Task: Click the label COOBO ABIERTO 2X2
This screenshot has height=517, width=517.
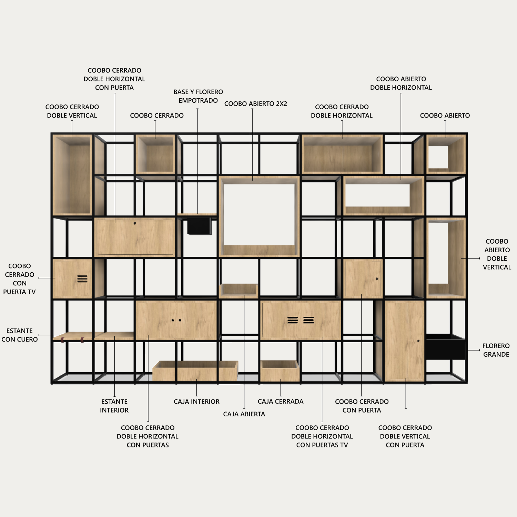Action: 255,104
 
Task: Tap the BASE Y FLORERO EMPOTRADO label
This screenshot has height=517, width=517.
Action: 198,96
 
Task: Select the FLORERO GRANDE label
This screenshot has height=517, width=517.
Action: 496,350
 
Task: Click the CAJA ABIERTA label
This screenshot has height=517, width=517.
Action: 244,414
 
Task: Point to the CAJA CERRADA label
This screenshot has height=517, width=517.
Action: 281,401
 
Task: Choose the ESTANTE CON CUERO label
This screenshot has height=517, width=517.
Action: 20,335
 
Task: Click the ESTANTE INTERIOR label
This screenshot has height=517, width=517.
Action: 114,406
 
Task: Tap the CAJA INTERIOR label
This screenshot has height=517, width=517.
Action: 196,402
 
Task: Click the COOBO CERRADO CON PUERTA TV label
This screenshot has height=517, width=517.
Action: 19,279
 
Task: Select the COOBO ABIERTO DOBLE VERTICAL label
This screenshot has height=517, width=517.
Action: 497,254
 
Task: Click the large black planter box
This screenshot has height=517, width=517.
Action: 445,347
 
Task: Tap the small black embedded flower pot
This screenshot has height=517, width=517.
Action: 199,226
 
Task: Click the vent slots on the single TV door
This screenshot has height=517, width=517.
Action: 82,278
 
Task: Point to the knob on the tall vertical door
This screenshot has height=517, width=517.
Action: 418,341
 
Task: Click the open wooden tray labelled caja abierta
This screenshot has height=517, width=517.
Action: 239,291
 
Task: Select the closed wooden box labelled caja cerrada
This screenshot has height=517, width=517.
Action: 280,371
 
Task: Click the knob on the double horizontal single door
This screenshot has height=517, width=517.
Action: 135,223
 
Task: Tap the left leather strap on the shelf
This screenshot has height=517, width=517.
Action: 62,340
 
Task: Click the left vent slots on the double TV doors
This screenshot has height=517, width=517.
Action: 293,320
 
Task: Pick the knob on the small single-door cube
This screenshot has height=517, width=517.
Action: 377,278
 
